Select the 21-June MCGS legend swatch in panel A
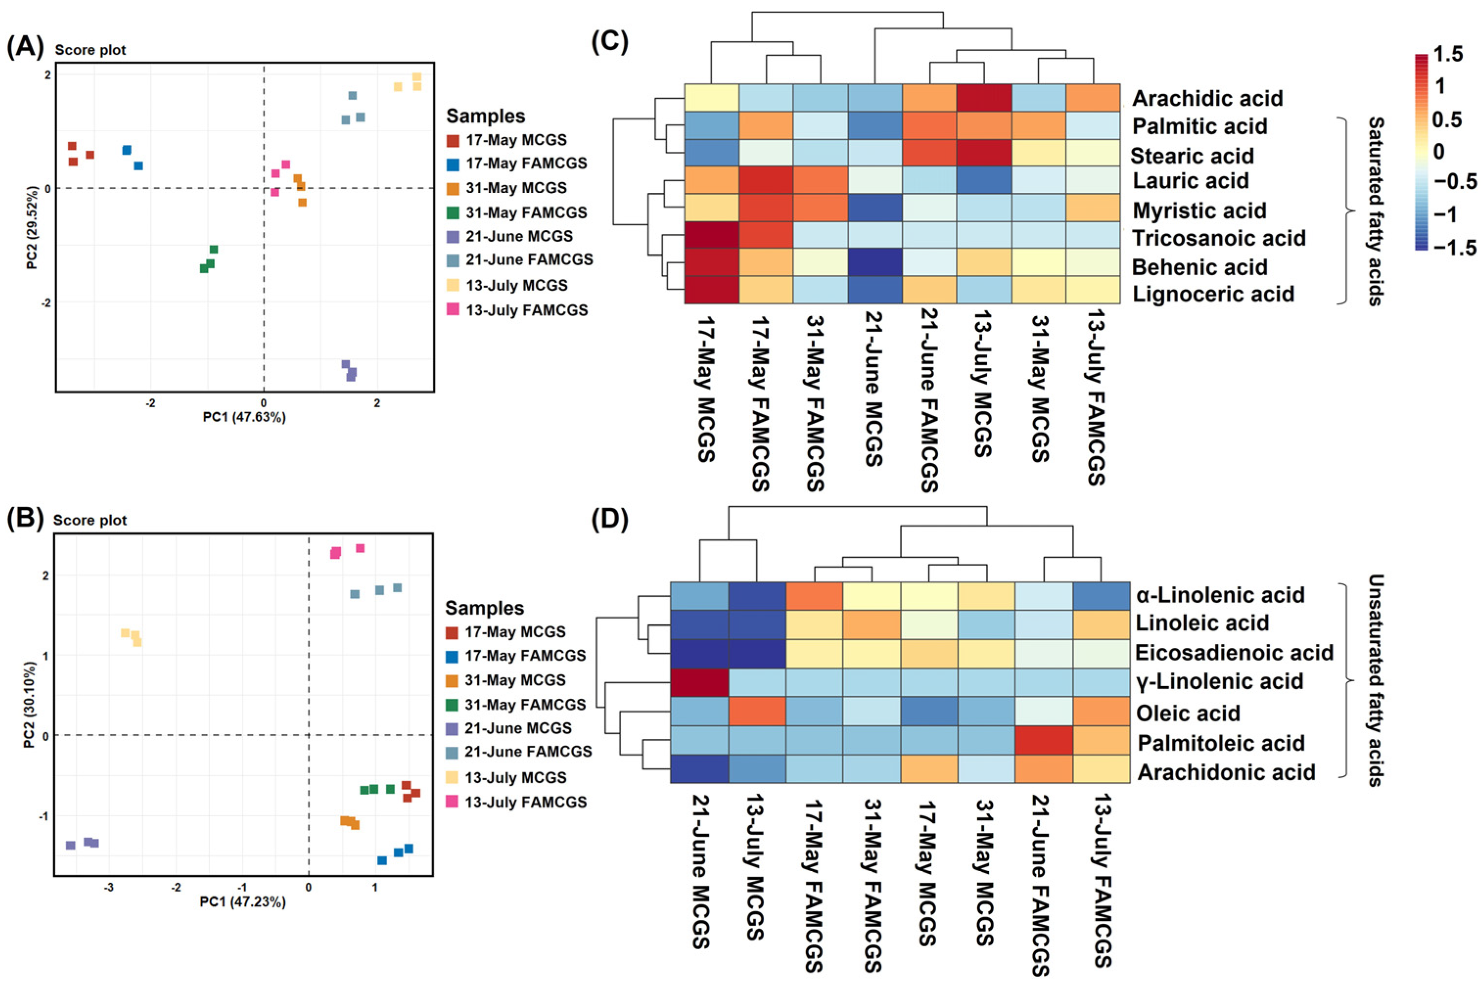pyautogui.click(x=453, y=237)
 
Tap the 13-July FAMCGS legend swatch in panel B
pyautogui.click(x=452, y=802)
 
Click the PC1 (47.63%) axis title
pyautogui.click(x=244, y=417)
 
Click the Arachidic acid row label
pyautogui.click(x=1207, y=99)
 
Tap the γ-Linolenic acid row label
pyautogui.click(x=1219, y=682)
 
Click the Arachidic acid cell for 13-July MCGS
pyautogui.click(x=984, y=98)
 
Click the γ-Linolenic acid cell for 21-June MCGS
pyautogui.click(x=699, y=682)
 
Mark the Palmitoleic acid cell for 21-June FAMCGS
pyautogui.click(x=1043, y=742)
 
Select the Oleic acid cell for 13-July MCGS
pyautogui.click(x=757, y=712)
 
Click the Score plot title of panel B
pyautogui.click(x=90, y=520)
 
